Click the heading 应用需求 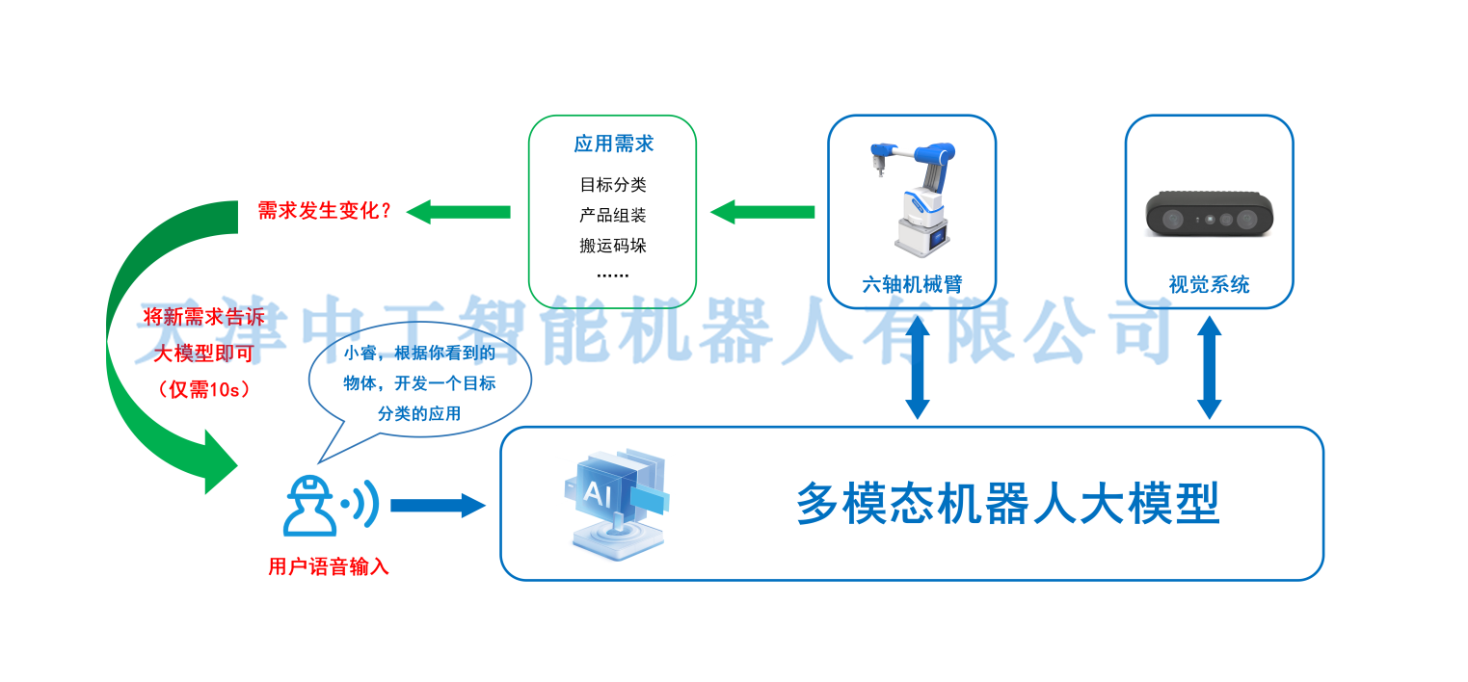[613, 144]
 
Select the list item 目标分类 [613, 185]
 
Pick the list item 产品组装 [613, 215]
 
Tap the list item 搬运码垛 [613, 246]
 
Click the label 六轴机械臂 [912, 284]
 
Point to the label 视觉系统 [1209, 284]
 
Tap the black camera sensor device [1209, 212]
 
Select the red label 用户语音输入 [329, 566]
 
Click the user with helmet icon [310, 506]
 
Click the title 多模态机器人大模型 [1008, 504]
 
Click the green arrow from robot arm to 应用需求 [762, 212]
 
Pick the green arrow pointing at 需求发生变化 [458, 212]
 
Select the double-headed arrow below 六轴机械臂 [917, 367]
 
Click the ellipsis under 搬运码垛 [612, 275]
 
